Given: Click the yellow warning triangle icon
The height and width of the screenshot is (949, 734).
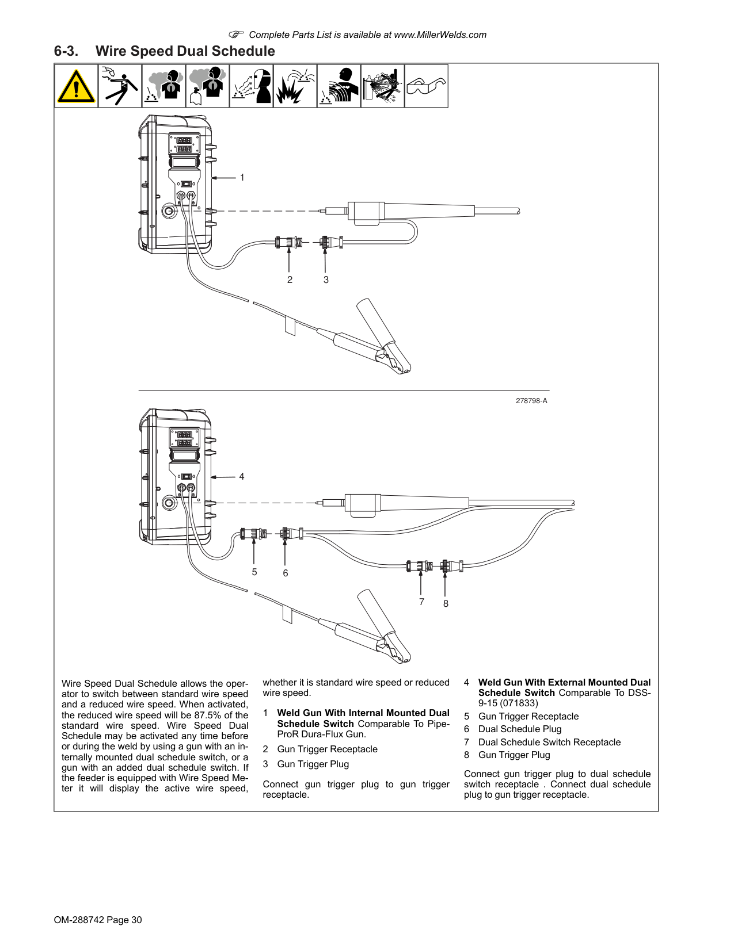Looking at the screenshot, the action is (76, 86).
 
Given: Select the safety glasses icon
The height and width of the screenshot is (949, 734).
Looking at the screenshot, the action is (426, 86).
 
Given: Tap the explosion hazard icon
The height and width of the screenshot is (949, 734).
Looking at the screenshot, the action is (295, 86).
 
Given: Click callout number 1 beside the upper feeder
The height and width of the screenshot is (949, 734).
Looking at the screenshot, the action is (242, 177).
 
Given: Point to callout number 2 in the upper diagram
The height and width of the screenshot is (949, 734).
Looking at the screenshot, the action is (290, 280).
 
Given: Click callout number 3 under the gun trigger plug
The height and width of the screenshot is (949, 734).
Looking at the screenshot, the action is (326, 280).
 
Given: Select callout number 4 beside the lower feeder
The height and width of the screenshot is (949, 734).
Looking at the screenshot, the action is (241, 476).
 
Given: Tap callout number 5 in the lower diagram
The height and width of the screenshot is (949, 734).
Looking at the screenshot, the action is (254, 572).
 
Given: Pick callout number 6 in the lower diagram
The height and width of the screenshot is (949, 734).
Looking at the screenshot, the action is (285, 573).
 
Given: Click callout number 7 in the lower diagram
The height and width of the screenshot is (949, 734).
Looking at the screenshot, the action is (421, 602).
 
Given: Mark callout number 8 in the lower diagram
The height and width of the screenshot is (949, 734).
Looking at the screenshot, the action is (446, 603).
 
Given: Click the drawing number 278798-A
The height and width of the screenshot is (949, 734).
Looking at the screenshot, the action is (531, 401).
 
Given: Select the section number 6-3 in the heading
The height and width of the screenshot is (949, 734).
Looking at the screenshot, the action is (66, 51).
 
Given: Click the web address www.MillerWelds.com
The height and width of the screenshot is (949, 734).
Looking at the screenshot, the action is (440, 35).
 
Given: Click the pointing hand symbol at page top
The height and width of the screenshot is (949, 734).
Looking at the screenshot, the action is (236, 34).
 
